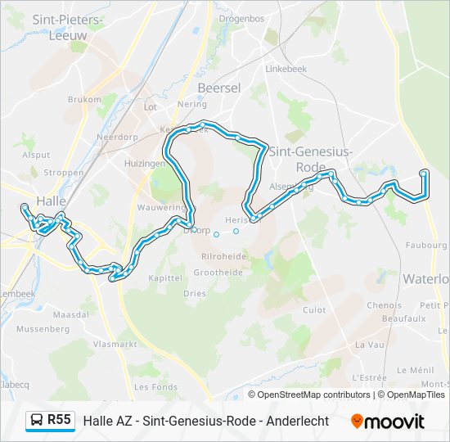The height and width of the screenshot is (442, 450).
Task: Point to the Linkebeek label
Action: click(x=286, y=69)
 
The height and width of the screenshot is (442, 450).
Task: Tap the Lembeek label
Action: click(x=16, y=293)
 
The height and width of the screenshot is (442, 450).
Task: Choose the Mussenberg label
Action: click(x=43, y=328)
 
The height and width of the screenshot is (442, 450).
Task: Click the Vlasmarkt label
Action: click(x=115, y=345)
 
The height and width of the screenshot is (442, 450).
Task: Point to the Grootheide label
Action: click(x=218, y=272)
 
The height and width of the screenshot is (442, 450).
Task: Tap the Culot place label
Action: click(x=314, y=310)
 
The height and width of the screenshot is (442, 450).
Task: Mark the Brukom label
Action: click(x=84, y=99)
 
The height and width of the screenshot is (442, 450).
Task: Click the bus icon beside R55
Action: click(x=36, y=421)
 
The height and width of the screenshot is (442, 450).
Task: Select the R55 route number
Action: click(x=59, y=420)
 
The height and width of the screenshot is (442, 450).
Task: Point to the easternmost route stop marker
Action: click(x=423, y=174)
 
